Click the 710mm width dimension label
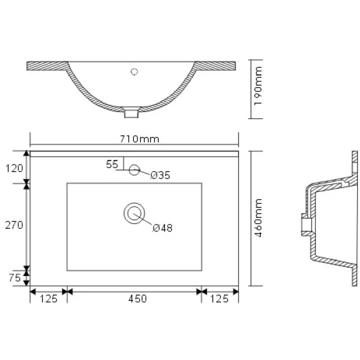(x=140, y=139)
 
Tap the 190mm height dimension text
(x=258, y=86)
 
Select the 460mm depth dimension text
(x=258, y=218)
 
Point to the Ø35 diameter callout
(x=160, y=175)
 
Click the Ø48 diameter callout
(x=162, y=228)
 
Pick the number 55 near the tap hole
(x=112, y=164)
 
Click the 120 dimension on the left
(x=14, y=168)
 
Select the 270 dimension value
(x=14, y=225)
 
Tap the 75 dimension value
(x=15, y=278)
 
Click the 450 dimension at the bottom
(x=137, y=299)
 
